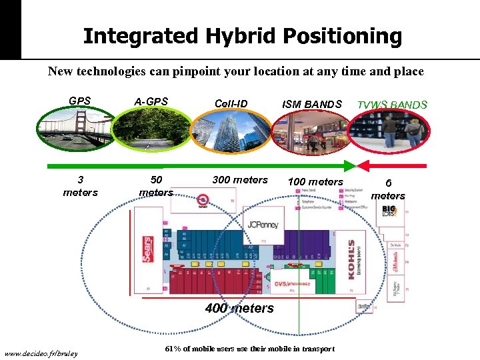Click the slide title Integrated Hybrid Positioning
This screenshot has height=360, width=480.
[x=242, y=36]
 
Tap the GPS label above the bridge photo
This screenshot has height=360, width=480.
[x=80, y=101]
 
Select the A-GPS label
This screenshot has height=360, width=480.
[x=151, y=101]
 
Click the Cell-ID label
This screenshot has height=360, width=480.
[x=231, y=103]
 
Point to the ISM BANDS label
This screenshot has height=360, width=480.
[x=311, y=103]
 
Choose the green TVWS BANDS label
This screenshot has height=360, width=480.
[x=392, y=105]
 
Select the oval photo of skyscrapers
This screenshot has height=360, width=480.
[x=231, y=132]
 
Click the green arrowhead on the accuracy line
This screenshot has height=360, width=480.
[x=350, y=165]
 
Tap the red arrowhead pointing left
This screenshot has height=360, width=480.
[x=364, y=165]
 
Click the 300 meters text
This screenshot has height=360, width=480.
[x=240, y=179]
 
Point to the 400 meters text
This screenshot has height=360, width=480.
[x=239, y=308]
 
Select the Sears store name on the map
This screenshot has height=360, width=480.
[x=146, y=249]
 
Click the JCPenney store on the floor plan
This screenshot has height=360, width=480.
[x=263, y=225]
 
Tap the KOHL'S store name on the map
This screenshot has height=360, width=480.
[x=351, y=259]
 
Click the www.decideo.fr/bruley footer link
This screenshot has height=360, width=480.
[x=41, y=353]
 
